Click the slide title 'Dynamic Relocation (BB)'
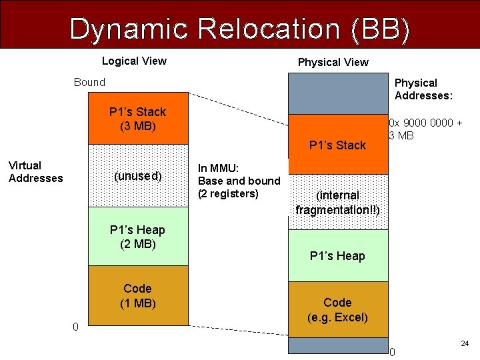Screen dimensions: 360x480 coord(239,29)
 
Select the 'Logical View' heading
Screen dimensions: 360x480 coord(134,61)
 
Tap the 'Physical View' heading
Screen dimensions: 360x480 coord(333,62)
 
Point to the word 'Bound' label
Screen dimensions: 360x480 coord(89,83)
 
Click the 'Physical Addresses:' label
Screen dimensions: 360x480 coord(423,89)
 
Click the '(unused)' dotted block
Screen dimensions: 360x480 coord(137,176)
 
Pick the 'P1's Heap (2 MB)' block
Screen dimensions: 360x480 coord(137,237)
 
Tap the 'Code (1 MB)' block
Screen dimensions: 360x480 coord(137,296)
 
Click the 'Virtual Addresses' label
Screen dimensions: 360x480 coord(35,172)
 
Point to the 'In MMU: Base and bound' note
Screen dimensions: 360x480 coord(239,181)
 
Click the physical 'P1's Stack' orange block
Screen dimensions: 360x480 coord(337,145)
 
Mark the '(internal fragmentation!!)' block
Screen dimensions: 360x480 coord(337,202)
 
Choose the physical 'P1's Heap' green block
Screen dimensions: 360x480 coord(337,256)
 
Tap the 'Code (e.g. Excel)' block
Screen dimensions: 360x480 coord(337,310)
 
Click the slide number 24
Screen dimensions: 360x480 coord(465,344)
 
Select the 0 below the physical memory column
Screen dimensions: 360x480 coord(392,353)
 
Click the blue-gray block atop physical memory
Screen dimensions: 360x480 coord(337,93)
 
